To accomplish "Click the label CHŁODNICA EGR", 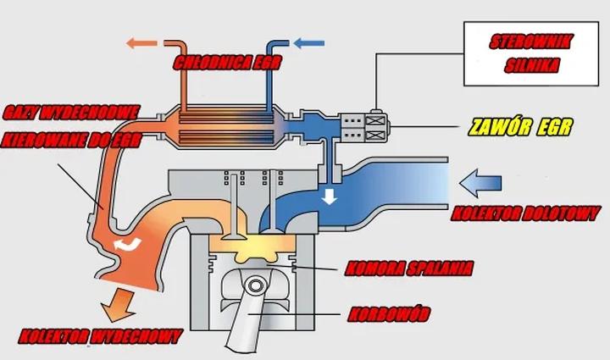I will coord(226,63).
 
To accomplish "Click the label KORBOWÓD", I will coord(389,316).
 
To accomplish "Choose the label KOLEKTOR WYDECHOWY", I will coord(100,336).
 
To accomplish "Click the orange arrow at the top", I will coord(140,41).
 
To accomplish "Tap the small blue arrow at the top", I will coord(308,41).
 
